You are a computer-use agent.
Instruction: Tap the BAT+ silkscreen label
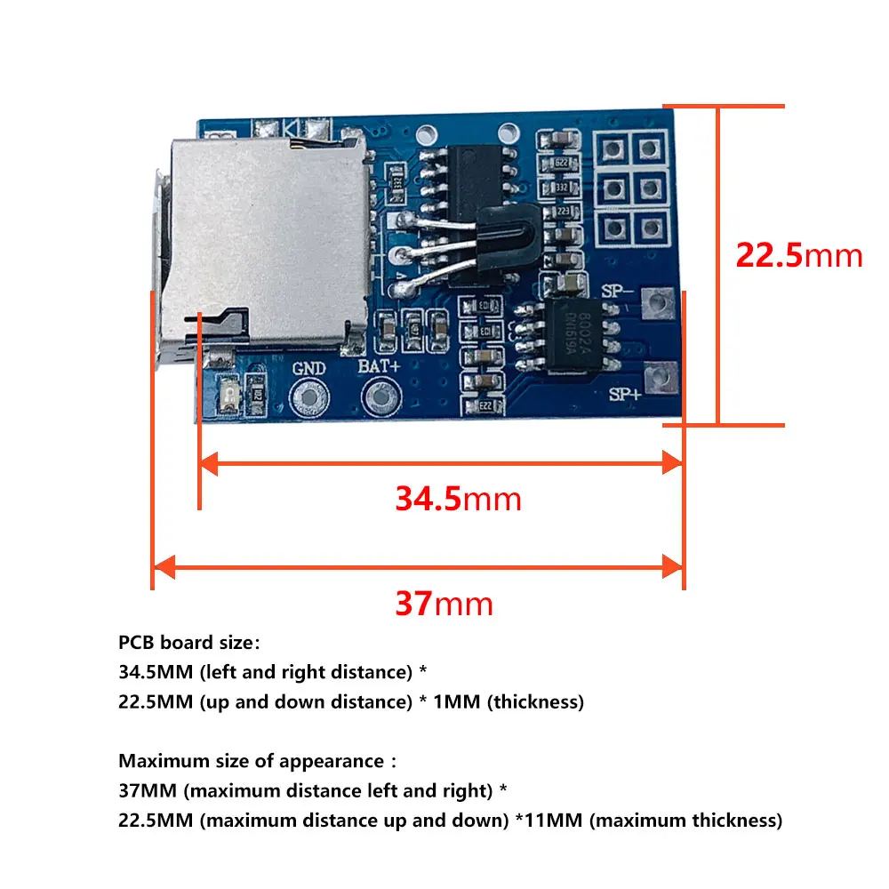coord(376,365)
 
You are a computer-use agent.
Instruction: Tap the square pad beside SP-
coord(659,303)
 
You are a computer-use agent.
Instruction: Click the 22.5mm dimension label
coord(798,255)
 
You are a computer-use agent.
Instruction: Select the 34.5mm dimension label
coord(458,499)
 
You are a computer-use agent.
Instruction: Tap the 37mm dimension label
coord(444,605)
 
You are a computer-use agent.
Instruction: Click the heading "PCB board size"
coord(189,643)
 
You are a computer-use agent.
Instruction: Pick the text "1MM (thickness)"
coord(508,701)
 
